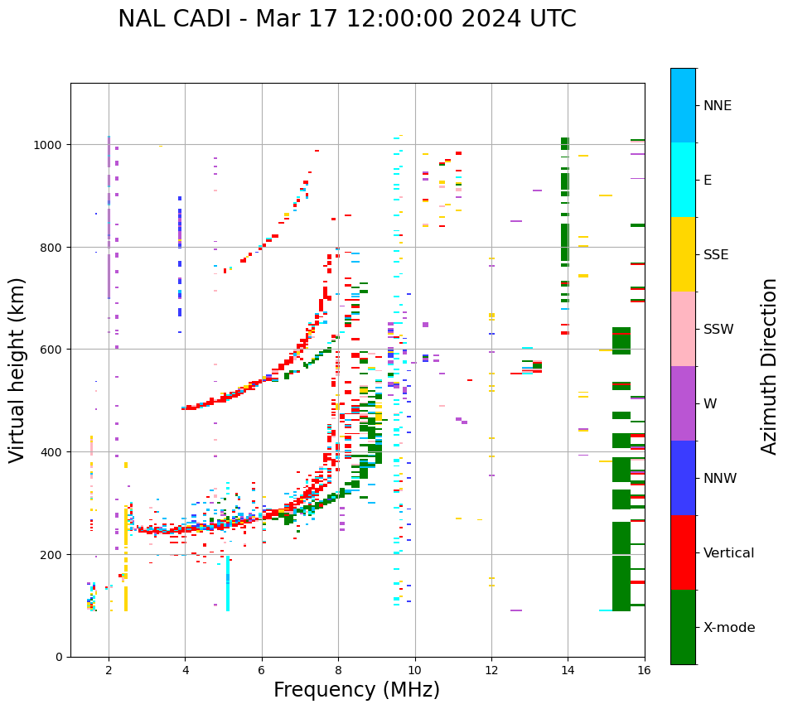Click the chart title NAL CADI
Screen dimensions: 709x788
[x=346, y=19]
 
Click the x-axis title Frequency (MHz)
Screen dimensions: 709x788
[x=356, y=690]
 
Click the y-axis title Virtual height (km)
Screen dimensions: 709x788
[x=18, y=369]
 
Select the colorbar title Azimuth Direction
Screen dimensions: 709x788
[x=770, y=366]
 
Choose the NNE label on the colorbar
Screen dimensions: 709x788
[x=718, y=106]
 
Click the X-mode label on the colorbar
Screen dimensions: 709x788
[x=729, y=628]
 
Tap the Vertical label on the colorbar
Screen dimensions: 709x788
[x=728, y=553]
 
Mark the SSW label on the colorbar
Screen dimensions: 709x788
[x=718, y=330]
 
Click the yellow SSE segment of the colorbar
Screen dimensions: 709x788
[x=683, y=254]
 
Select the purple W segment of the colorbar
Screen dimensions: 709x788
[x=683, y=403]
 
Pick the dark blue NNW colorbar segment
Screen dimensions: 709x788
[x=683, y=478]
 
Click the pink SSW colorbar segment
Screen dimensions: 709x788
[x=683, y=329]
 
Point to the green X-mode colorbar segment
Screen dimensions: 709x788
[x=683, y=627]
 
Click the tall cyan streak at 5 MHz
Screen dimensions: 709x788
[x=228, y=584]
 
